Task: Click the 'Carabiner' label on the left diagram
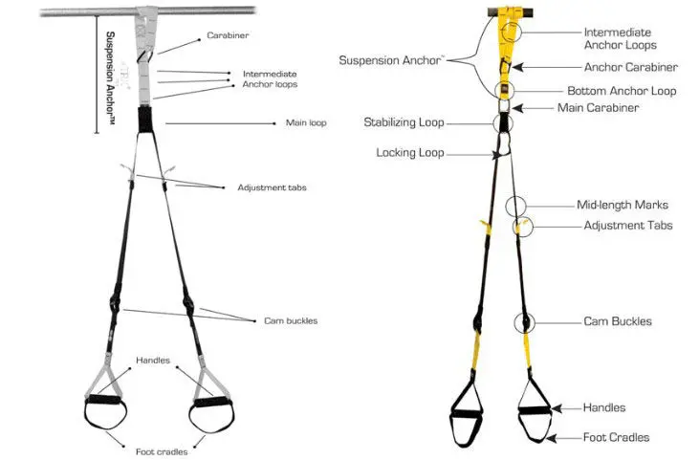(228, 35)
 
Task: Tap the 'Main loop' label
(306, 122)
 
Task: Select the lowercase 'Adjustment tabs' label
(272, 187)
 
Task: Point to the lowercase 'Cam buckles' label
(291, 320)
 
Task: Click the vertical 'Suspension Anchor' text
(110, 77)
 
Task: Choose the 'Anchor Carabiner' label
(631, 67)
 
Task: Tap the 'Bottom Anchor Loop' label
(622, 91)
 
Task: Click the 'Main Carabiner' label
(598, 108)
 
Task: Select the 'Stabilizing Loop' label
(404, 122)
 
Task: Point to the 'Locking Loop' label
(410, 153)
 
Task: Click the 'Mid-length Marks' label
(623, 205)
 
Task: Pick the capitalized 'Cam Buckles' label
(618, 321)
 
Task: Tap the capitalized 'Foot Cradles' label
(616, 437)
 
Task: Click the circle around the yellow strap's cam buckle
(514, 322)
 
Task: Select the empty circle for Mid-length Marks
(506, 207)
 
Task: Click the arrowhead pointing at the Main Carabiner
(516, 108)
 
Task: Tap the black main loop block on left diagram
(145, 119)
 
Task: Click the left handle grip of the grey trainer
(103, 399)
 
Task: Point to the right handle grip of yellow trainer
(535, 410)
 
